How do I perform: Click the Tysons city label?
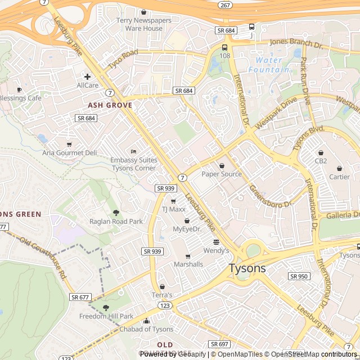247,268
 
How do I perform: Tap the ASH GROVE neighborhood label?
110,105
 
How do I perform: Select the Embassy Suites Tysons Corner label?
133,164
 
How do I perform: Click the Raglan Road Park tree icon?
116,213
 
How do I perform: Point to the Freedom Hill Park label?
106,316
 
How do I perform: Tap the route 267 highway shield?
224,5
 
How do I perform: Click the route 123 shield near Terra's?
165,305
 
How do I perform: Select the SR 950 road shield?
299,276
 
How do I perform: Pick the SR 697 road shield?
219,344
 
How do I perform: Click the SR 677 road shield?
80,296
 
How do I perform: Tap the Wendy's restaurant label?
216,250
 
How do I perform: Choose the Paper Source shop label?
222,174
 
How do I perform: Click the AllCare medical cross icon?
87,76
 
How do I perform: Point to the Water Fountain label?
269,65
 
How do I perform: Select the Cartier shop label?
339,177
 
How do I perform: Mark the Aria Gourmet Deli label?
70,152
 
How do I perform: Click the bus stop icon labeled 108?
225,47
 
